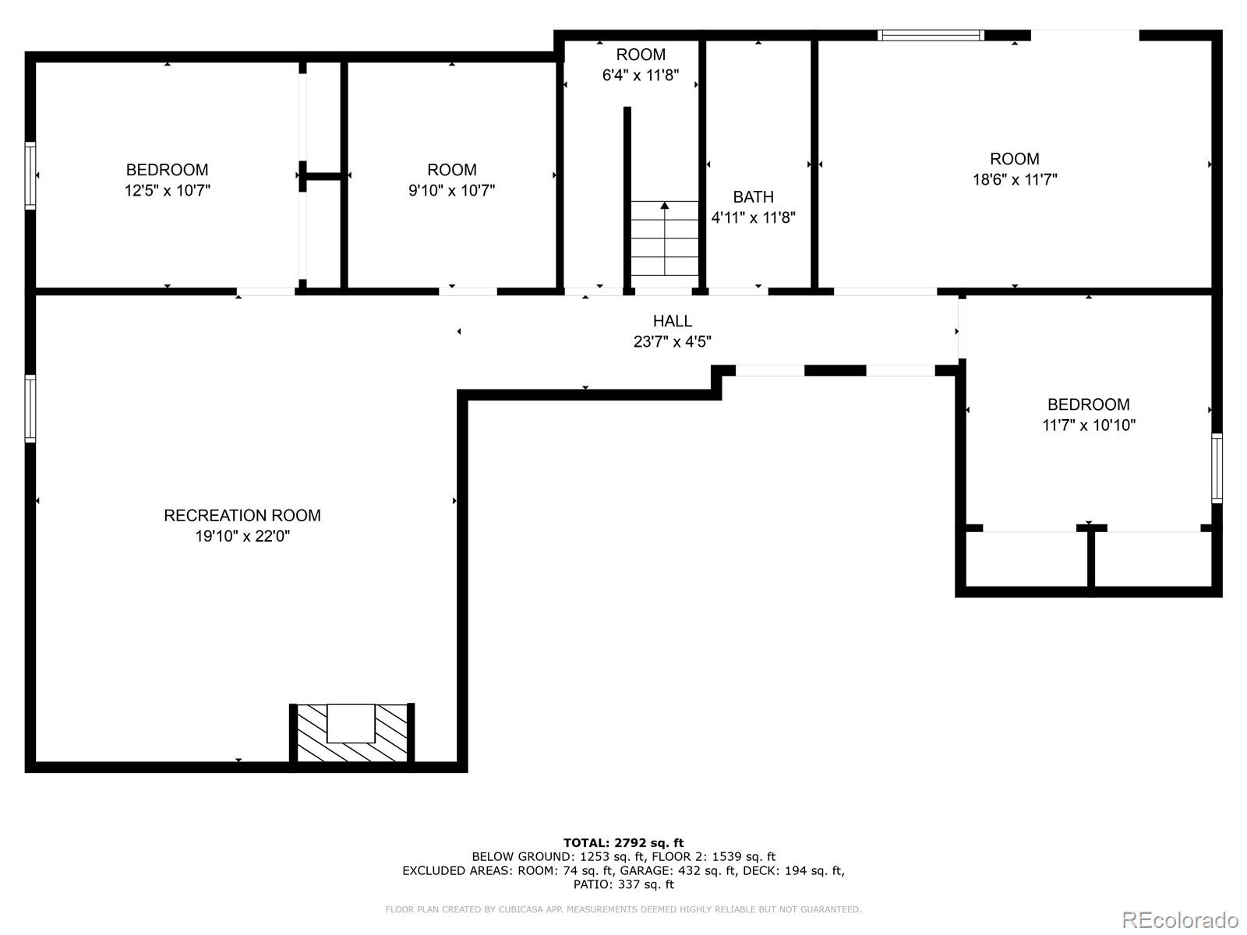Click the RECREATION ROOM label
[242, 516]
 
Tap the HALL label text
[673, 321]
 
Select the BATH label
[754, 197]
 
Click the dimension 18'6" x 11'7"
[1015, 180]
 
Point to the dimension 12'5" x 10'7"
[167, 190]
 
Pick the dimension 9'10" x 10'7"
[451, 190]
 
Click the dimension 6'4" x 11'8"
[641, 75]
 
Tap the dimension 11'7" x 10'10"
[1089, 425]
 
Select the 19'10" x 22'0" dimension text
[242, 536]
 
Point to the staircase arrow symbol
[665, 238]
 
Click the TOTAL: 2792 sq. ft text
[623, 842]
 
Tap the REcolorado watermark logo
[1180, 919]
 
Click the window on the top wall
[931, 35]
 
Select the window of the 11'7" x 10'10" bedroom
[1217, 468]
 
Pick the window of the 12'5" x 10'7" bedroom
[30, 175]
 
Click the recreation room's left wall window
[30, 408]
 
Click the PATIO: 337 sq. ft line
[623, 884]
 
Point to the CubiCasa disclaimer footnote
[623, 909]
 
